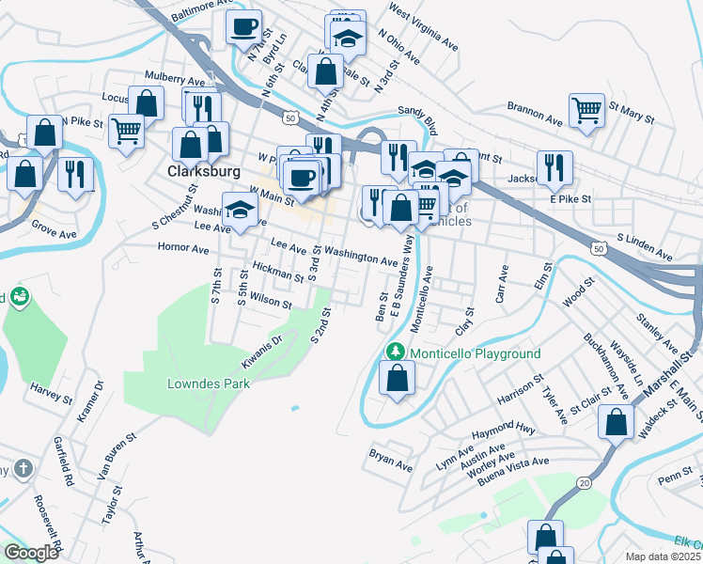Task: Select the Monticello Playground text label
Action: (x=475, y=353)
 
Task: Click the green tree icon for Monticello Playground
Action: (x=397, y=352)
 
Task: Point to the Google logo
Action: (x=31, y=553)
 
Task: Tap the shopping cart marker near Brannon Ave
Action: (x=587, y=109)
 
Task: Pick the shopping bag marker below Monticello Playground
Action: (x=398, y=378)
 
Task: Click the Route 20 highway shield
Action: (x=584, y=482)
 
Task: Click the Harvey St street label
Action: (x=51, y=393)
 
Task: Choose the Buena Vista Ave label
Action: (x=512, y=464)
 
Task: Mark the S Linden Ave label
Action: (x=645, y=248)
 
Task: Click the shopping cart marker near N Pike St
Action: (x=126, y=130)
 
